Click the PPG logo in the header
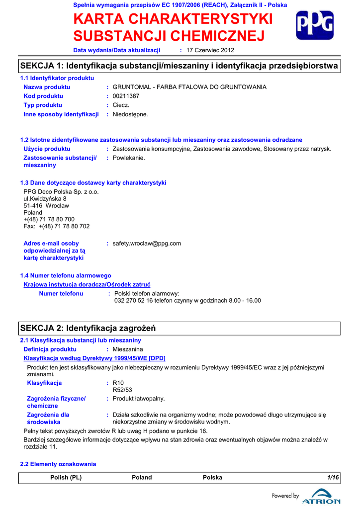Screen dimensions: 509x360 (x=315, y=25)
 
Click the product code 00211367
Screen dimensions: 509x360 (x=126, y=96)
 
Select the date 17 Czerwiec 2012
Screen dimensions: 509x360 (x=210, y=50)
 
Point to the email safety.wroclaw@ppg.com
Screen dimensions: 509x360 (x=147, y=244)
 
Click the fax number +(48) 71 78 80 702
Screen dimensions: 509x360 (x=57, y=226)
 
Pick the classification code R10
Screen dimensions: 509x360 (x=118, y=383)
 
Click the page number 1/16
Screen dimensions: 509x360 (x=333, y=478)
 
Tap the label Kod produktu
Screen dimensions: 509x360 (x=43, y=96)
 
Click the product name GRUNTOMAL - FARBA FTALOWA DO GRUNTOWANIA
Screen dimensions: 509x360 (x=189, y=87)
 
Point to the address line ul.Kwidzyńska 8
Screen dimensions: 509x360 (x=45, y=198)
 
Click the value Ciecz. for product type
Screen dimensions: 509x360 (x=121, y=105)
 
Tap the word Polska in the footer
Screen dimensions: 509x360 (x=212, y=478)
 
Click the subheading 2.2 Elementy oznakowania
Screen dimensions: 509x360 (x=58, y=464)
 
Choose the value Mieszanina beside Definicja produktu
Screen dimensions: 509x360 (x=128, y=349)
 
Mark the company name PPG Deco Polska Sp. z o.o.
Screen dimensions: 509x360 (x=61, y=191)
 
